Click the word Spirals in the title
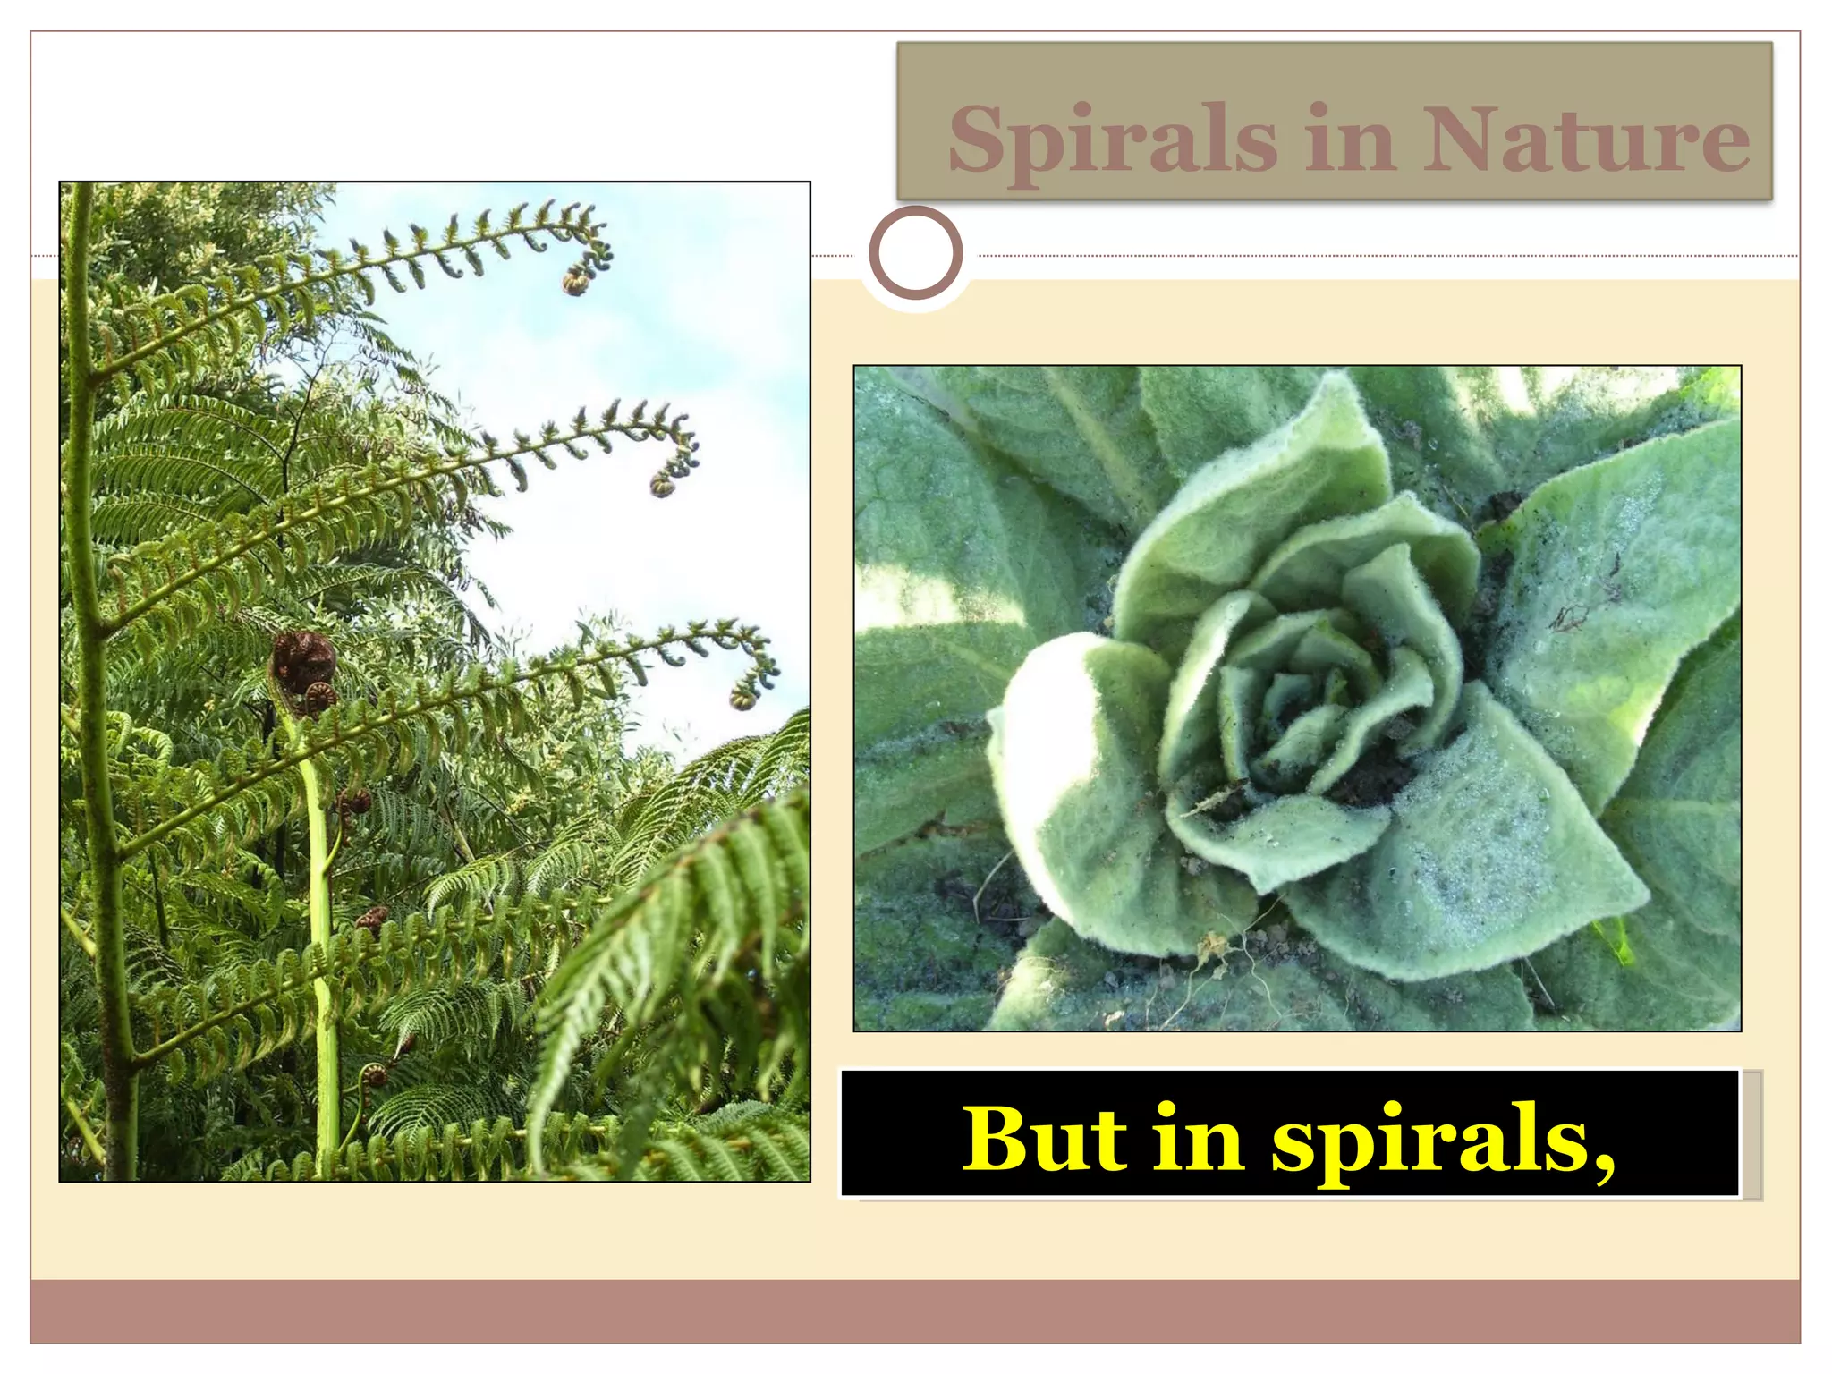(x=1113, y=140)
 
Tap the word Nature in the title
(x=1585, y=140)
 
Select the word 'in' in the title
(x=1350, y=140)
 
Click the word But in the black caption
(x=1042, y=1138)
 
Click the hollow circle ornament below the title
(x=915, y=253)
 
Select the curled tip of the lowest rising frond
(x=743, y=696)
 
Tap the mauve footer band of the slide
(x=915, y=1310)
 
